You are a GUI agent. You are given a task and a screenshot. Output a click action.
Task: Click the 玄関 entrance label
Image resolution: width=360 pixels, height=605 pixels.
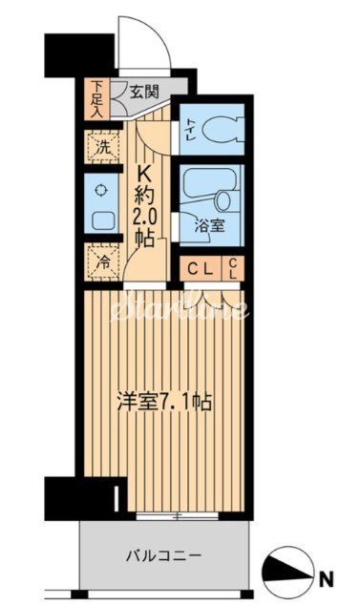(x=146, y=94)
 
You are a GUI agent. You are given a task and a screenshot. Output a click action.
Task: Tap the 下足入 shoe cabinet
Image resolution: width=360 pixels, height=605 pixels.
(x=96, y=99)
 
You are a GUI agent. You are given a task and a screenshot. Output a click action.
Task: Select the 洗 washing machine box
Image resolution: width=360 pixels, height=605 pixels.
(x=102, y=147)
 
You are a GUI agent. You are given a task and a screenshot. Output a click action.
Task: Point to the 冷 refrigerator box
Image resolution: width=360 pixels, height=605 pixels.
(x=102, y=260)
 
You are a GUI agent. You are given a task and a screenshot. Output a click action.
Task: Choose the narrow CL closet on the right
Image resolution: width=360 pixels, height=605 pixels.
(x=233, y=269)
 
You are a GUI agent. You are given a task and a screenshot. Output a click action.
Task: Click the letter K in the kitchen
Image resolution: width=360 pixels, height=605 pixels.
(x=146, y=175)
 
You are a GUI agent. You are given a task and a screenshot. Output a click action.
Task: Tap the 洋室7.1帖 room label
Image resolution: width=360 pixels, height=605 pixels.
(x=164, y=402)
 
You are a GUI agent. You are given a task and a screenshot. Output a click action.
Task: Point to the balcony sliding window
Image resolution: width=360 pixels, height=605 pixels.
(x=177, y=516)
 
